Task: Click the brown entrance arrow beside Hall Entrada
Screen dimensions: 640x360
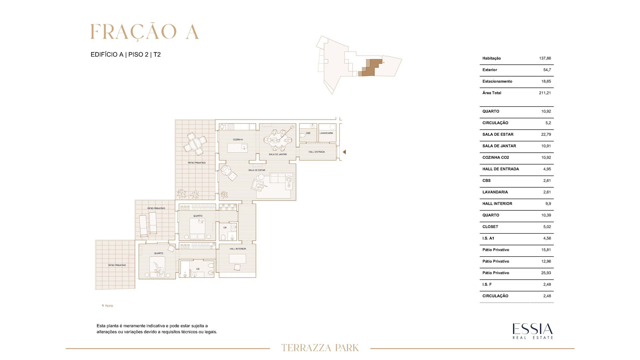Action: point(344,152)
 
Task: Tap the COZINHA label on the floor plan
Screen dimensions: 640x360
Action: point(238,140)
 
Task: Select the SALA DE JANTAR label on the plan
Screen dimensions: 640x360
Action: point(278,154)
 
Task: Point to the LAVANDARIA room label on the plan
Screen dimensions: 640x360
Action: point(326,133)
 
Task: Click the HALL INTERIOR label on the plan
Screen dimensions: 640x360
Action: point(238,249)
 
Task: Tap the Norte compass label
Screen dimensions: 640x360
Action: point(107,306)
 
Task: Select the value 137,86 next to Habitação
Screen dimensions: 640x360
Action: point(545,58)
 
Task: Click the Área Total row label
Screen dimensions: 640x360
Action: point(492,93)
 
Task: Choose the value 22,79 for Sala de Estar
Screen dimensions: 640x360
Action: point(546,134)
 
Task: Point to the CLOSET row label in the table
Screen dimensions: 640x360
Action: point(490,227)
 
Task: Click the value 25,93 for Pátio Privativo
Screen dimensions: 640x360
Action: point(546,273)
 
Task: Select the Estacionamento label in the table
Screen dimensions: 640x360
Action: point(497,81)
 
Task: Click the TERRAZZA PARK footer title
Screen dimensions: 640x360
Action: point(320,348)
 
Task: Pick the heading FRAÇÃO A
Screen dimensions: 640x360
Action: point(145,32)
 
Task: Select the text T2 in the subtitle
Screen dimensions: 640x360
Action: point(157,55)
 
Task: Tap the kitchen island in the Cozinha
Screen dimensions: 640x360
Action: point(238,147)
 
